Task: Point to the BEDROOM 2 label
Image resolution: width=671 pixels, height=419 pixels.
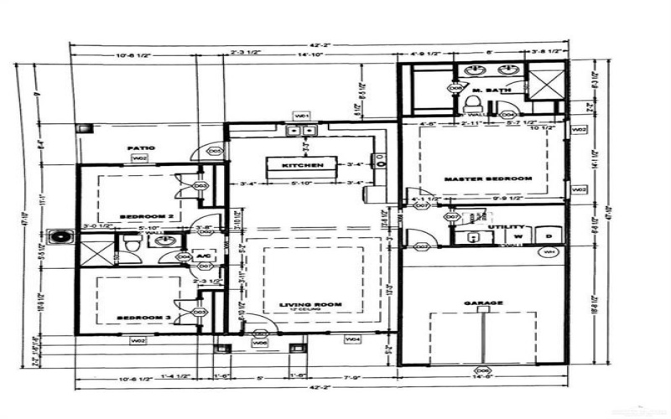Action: click(x=146, y=216)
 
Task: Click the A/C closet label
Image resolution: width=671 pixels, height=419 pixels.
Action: click(x=202, y=255)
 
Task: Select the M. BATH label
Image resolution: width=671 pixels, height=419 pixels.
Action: click(x=486, y=91)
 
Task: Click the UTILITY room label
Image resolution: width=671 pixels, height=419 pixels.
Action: click(x=511, y=227)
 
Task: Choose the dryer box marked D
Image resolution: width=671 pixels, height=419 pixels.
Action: click(x=549, y=236)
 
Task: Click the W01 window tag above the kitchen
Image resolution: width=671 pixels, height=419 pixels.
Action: click(x=302, y=115)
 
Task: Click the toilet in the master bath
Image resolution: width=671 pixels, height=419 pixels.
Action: click(x=473, y=104)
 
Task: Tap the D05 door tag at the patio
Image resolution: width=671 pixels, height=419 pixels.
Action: click(x=215, y=151)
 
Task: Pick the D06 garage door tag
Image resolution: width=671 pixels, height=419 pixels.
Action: click(x=481, y=370)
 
